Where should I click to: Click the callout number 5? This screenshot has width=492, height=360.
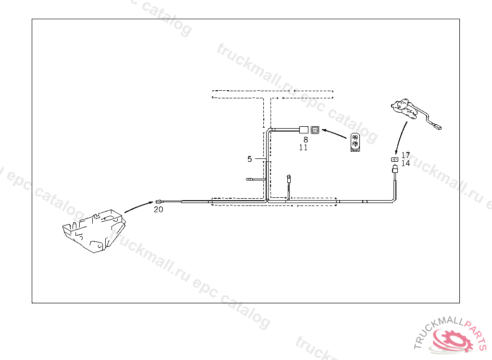[x=249, y=158]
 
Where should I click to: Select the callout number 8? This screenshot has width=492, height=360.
[x=306, y=140]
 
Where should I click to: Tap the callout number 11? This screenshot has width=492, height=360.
[x=303, y=148]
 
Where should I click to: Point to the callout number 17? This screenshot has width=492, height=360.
[x=406, y=156]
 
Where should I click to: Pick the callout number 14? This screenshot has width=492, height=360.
[x=406, y=164]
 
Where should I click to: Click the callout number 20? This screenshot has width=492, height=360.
[x=159, y=209]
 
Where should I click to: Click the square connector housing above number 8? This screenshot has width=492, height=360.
[x=315, y=130]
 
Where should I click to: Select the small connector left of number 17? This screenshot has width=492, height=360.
[x=394, y=159]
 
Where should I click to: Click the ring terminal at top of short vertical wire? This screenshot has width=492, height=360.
[x=289, y=177]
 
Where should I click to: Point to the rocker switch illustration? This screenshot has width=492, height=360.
[x=356, y=143]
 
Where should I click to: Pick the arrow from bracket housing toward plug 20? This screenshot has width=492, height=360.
[x=139, y=207]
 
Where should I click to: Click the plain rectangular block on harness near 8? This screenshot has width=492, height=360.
[x=304, y=130]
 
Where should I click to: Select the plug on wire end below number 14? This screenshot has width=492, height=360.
[x=394, y=169]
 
